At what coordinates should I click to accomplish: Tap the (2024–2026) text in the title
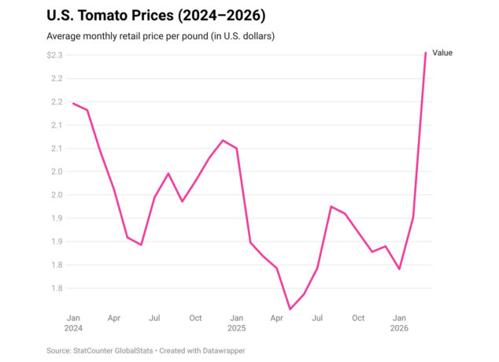pyautogui.click(x=221, y=16)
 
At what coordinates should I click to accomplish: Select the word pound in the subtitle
pyautogui.click(x=195, y=36)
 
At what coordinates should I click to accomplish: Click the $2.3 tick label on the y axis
pyautogui.click(x=54, y=55)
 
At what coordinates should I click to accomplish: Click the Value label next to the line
pyautogui.click(x=442, y=53)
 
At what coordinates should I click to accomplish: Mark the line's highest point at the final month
pyautogui.click(x=426, y=53)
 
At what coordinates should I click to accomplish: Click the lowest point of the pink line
pyautogui.click(x=290, y=308)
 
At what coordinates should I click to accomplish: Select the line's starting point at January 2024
pyautogui.click(x=73, y=103)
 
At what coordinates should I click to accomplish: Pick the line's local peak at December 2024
pyautogui.click(x=223, y=140)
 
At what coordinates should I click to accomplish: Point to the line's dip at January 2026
pyautogui.click(x=399, y=269)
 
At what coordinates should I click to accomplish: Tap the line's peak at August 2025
pyautogui.click(x=331, y=206)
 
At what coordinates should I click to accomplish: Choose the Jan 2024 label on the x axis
pyautogui.click(x=73, y=323)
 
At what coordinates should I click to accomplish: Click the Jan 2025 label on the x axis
pyautogui.click(x=236, y=323)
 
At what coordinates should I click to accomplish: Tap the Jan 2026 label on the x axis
pyautogui.click(x=399, y=323)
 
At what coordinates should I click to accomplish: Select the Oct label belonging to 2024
pyautogui.click(x=195, y=318)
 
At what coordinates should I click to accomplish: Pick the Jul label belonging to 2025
pyautogui.click(x=317, y=318)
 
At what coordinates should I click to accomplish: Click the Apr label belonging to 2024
pyautogui.click(x=114, y=319)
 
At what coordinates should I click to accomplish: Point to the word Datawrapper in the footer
pyautogui.click(x=224, y=351)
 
